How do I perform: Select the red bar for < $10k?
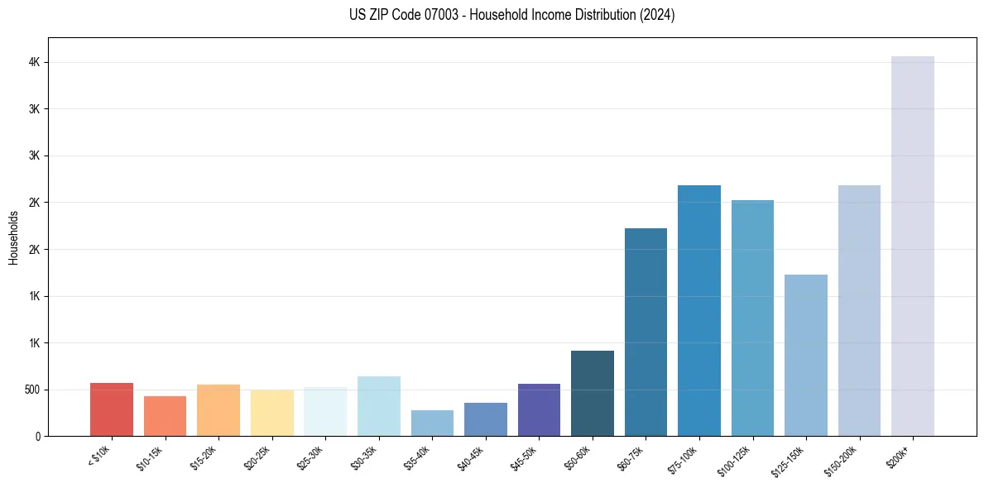pos(112,409)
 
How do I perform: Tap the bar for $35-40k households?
pos(432,423)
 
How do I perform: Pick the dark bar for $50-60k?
pos(593,393)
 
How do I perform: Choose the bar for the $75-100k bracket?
pos(699,310)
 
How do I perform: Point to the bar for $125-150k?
pos(806,355)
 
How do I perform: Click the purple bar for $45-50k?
pos(539,409)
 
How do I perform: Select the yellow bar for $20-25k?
pos(272,413)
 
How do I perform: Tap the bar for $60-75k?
pos(646,332)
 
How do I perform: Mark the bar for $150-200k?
pos(859,310)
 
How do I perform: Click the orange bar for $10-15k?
pos(165,416)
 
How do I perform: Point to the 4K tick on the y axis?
pos(33,63)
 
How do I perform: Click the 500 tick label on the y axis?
pos(31,390)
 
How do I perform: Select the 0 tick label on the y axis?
pos(38,437)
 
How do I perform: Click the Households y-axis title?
pos(13,237)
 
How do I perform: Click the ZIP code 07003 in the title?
pos(422,15)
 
